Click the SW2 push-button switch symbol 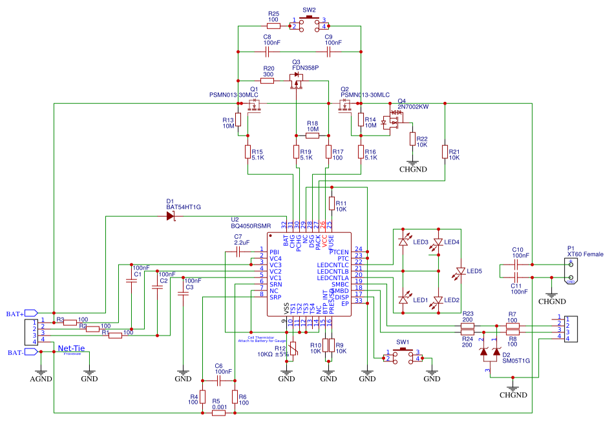tap(308, 24)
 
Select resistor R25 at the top tap(273, 26)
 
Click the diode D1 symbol tap(171, 216)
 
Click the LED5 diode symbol tap(460, 270)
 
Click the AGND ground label tap(41, 379)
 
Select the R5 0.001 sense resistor tap(218, 413)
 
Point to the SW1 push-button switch tap(403, 356)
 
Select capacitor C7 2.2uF tap(238, 250)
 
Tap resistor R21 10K tap(445, 152)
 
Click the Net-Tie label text tap(72, 348)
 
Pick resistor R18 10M tap(313, 136)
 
